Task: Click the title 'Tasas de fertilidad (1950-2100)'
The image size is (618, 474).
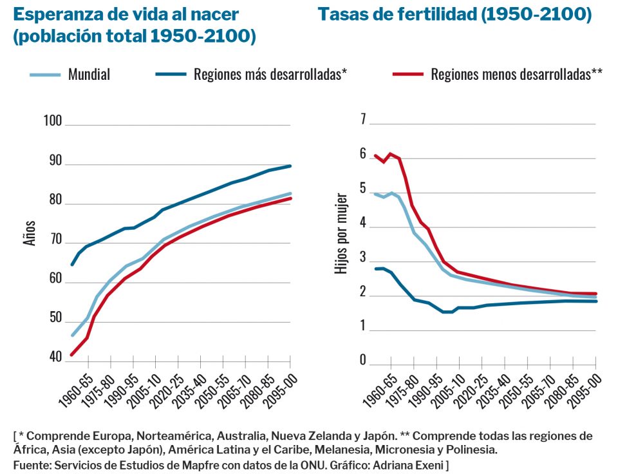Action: (454, 15)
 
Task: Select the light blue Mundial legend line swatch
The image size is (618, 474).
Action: (46, 74)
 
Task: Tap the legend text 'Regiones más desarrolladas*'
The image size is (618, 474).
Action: (270, 74)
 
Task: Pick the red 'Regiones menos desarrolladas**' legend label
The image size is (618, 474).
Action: (516, 74)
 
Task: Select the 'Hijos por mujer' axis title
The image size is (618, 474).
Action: (342, 233)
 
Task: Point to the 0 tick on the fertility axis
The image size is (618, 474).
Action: (364, 360)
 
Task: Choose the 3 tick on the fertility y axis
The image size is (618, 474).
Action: (364, 258)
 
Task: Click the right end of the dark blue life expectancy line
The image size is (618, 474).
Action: (290, 166)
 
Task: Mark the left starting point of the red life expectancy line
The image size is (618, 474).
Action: (71, 355)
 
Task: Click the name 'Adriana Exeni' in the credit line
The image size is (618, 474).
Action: (413, 464)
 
